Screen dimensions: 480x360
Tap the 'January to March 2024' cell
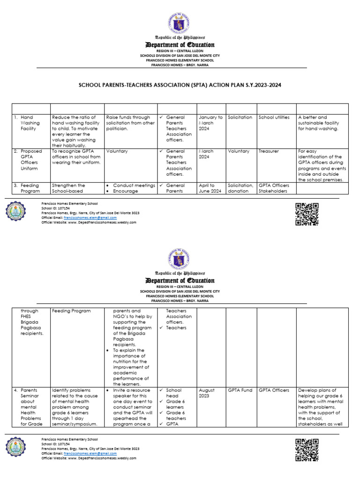coord(210,123)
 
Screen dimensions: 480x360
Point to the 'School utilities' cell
coord(274,117)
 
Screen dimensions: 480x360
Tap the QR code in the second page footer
coord(307,450)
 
